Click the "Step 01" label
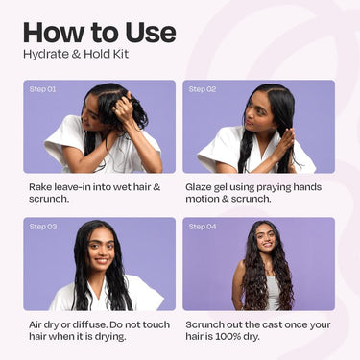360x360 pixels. click(42, 89)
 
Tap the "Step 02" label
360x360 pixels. click(203, 89)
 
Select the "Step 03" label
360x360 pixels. click(43, 227)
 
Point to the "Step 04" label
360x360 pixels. click(203, 227)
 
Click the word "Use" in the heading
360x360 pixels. click(151, 33)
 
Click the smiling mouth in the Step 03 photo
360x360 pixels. click(102, 260)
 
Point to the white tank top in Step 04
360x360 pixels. click(274, 293)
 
